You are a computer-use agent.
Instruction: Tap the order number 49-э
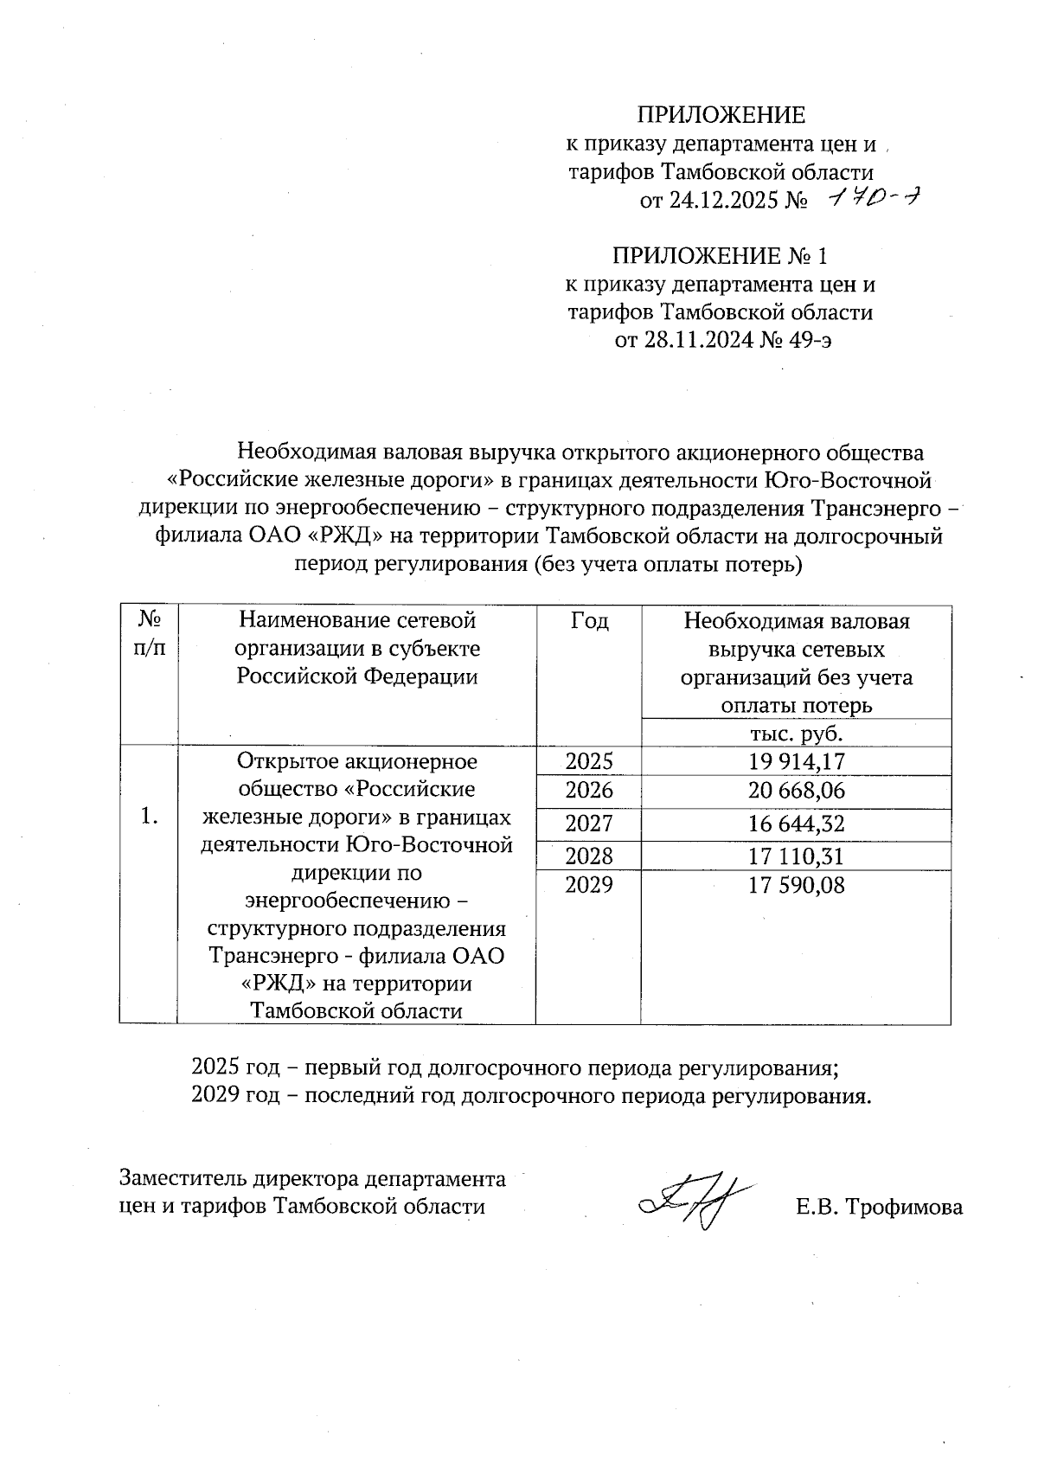(811, 339)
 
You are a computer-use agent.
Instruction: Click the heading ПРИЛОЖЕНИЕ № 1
(720, 256)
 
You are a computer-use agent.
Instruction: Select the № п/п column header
(149, 633)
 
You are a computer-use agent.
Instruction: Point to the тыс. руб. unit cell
(795, 734)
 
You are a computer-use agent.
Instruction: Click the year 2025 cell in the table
(588, 761)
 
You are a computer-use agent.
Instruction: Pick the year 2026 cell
(588, 790)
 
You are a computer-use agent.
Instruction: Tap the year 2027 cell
(588, 823)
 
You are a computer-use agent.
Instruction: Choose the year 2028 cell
(588, 856)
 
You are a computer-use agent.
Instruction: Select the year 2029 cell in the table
(588, 884)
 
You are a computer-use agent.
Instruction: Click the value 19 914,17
(797, 761)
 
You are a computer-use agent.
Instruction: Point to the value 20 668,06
(797, 790)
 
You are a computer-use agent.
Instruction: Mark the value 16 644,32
(797, 823)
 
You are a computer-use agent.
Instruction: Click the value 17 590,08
(797, 884)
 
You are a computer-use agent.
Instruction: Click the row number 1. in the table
(149, 816)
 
